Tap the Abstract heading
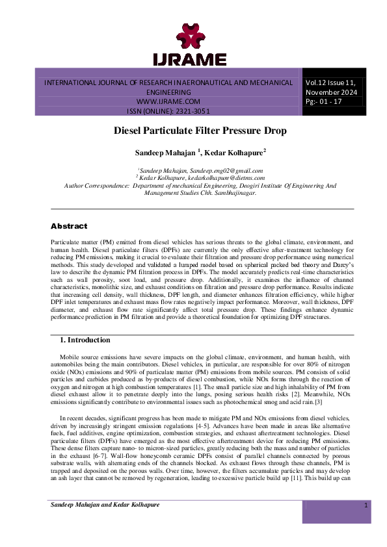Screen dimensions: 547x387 [69, 226]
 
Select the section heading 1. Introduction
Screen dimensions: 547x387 [85, 340]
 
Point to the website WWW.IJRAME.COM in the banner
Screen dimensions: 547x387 [168, 102]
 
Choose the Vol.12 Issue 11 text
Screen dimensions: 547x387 [332, 83]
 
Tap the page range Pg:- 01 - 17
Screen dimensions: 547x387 [326, 103]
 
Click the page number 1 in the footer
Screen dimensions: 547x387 [366, 505]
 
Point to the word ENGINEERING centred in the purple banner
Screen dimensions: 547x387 [168, 93]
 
